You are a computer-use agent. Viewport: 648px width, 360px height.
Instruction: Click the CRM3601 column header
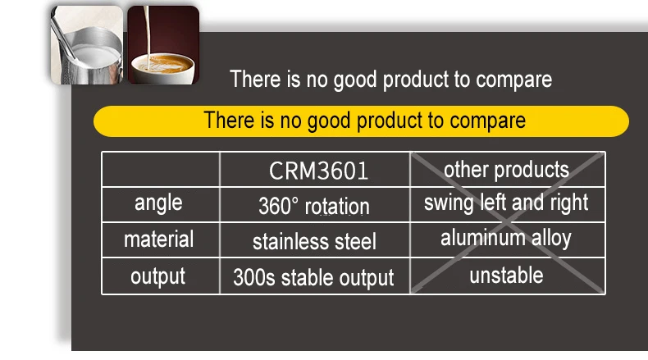(x=318, y=171)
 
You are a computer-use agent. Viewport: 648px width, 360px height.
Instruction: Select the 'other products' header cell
(x=506, y=170)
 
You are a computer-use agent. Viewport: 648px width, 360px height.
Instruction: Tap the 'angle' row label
(x=158, y=203)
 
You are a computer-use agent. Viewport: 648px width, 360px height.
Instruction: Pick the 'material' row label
(x=158, y=239)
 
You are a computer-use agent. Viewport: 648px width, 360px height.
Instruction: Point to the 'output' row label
(x=157, y=276)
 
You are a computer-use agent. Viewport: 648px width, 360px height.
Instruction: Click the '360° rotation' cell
(x=314, y=206)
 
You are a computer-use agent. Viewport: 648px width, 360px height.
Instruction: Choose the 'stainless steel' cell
(x=314, y=241)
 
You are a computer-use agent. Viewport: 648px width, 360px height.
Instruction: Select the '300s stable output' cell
(x=313, y=277)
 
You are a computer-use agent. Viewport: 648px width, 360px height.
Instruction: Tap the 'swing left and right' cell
(x=506, y=203)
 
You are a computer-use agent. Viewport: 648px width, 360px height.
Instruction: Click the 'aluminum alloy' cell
(x=506, y=238)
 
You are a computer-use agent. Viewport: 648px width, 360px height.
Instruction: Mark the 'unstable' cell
(x=506, y=276)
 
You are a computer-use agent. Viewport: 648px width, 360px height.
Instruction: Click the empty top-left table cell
(x=161, y=170)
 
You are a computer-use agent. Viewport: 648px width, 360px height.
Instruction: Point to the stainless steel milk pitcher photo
(x=87, y=45)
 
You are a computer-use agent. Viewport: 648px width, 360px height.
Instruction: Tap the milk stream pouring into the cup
(x=146, y=32)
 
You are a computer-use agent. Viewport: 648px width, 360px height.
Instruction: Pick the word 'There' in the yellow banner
(x=229, y=120)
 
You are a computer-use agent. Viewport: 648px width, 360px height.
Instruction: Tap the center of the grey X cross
(x=508, y=223)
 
